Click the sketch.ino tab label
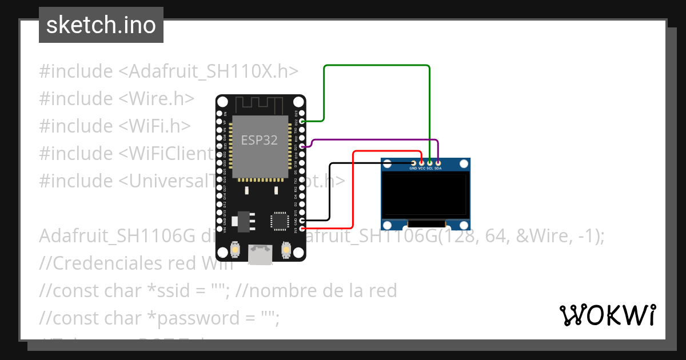101,25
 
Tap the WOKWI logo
607,315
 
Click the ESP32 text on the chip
259,141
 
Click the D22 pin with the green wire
302,121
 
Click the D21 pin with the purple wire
302,147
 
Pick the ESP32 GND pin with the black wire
302,220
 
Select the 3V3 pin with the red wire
302,229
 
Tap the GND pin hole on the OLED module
413,163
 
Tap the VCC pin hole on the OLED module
422,163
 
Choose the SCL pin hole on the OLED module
430,163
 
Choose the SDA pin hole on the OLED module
438,163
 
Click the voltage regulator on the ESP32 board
242,220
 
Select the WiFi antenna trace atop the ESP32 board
260,105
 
